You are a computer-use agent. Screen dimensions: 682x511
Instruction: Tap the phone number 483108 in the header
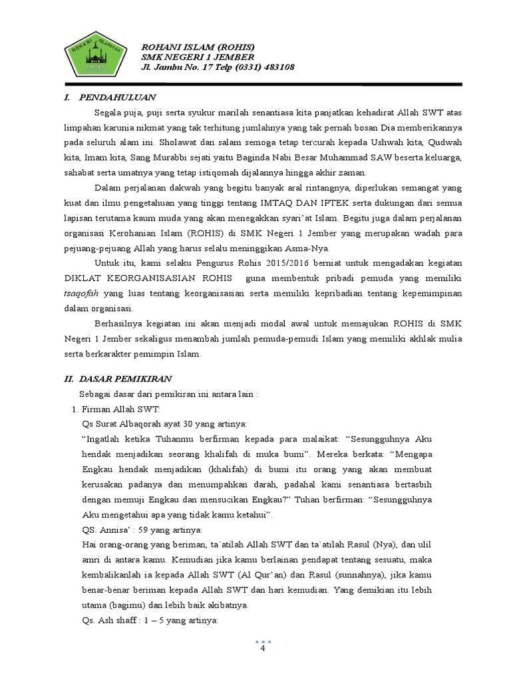tap(276, 67)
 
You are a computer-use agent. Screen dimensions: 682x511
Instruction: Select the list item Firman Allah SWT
tap(120, 408)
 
